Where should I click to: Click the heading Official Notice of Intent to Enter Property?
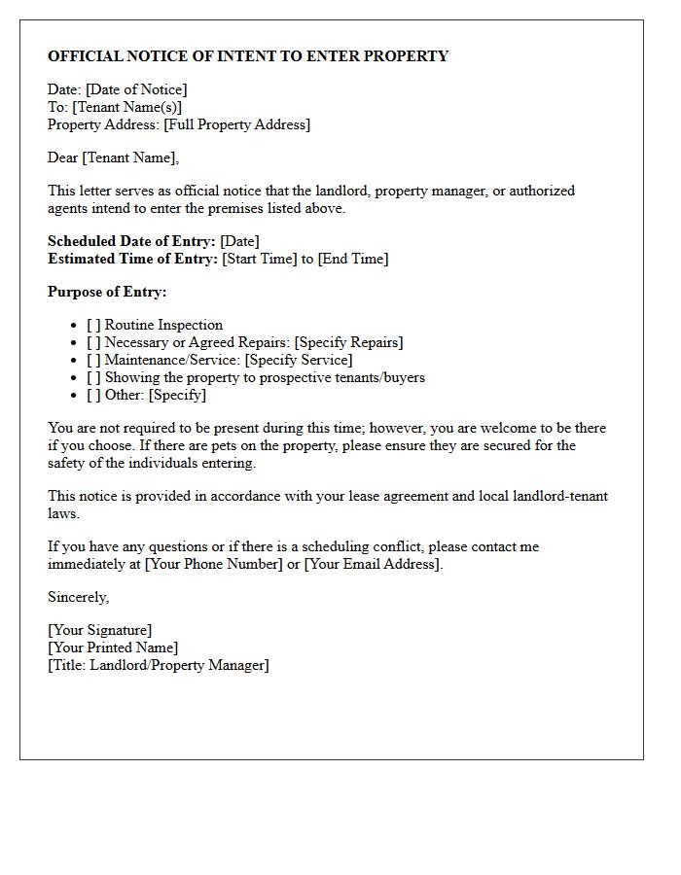(248, 56)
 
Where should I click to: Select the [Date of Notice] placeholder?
(136, 89)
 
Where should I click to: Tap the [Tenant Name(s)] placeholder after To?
(126, 107)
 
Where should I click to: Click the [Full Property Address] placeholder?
(236, 124)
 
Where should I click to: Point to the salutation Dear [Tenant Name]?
(114, 157)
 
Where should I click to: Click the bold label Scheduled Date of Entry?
(131, 241)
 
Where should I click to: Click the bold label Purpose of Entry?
(107, 292)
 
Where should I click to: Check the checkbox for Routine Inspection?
(93, 325)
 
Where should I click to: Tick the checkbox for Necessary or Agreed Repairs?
(93, 342)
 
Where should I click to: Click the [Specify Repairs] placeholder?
(348, 342)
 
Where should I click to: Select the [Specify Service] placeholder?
(299, 360)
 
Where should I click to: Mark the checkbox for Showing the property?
(93, 377)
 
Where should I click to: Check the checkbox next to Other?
(93, 395)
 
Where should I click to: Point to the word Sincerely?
(78, 597)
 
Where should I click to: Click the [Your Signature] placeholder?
(99, 630)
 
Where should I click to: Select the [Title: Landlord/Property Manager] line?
(159, 665)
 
